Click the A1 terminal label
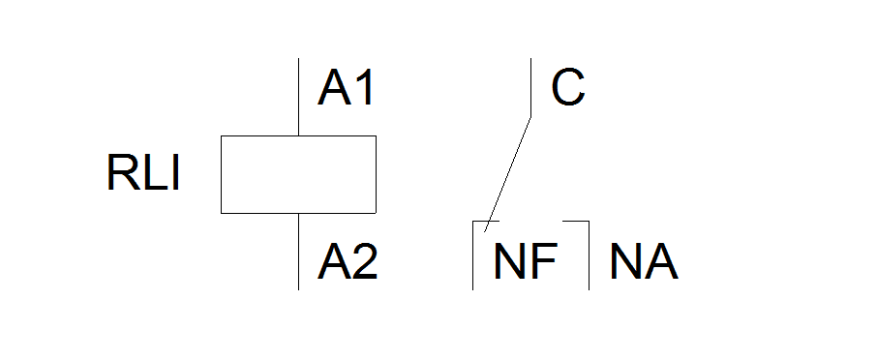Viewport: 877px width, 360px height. point(346,88)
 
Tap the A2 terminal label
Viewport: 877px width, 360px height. point(348,261)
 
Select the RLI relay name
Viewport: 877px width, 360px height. point(143,173)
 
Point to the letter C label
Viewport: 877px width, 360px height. point(567,88)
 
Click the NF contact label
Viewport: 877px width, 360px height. point(526,261)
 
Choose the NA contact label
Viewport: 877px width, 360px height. point(644,261)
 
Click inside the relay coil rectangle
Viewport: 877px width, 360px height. point(298,174)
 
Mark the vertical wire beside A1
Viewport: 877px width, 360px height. point(299,97)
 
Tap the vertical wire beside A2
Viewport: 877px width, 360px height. point(299,252)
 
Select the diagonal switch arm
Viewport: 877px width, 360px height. point(507,174)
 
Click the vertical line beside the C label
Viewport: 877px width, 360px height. point(530,88)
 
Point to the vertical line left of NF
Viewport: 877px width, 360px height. point(473,255)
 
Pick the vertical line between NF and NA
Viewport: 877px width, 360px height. point(589,255)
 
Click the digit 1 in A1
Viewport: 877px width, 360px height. point(364,88)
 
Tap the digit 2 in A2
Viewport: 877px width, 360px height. point(365,261)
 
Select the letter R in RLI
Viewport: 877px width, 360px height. point(119,173)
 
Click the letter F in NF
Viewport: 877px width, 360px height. point(544,261)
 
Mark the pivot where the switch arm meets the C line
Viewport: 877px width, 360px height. point(530,117)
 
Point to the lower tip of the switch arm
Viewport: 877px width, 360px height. point(484,232)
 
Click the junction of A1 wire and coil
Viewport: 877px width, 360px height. point(299,135)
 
